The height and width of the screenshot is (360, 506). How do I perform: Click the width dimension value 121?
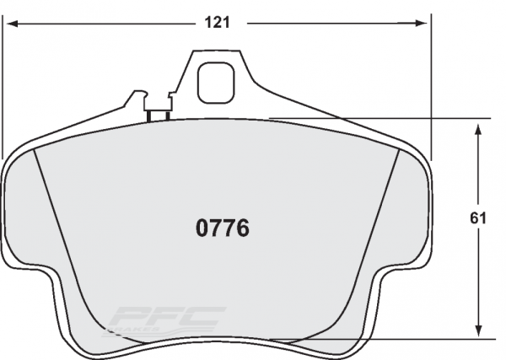(217, 23)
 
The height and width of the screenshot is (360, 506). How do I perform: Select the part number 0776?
(222, 228)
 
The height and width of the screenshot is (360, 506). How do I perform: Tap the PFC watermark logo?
(170, 319)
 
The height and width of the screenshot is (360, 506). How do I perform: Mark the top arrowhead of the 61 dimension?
(479, 124)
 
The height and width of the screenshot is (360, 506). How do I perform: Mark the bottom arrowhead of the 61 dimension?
(479, 334)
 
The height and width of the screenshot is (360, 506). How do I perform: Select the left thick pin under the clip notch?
(148, 116)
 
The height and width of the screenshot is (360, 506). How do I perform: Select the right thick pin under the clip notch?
(165, 116)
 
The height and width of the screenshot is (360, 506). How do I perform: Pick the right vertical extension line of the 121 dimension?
(430, 84)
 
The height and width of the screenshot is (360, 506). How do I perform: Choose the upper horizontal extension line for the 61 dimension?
(379, 118)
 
